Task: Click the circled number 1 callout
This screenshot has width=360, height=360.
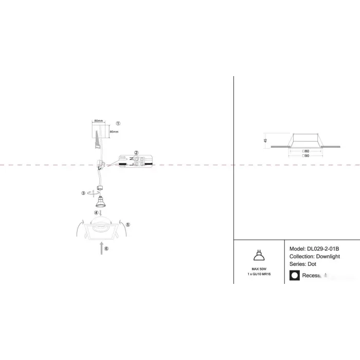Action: click(118, 123)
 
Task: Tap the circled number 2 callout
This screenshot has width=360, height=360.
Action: click(136, 153)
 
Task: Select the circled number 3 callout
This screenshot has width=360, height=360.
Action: click(83, 193)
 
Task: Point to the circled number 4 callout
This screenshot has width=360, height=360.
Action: click(96, 212)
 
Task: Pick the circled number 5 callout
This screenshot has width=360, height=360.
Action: click(128, 225)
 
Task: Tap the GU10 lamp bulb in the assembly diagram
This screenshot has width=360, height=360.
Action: click(101, 199)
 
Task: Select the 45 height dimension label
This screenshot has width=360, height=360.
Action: click(266, 139)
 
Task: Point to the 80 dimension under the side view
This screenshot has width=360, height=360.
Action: click(306, 151)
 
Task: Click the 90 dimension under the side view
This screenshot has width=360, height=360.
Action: click(306, 155)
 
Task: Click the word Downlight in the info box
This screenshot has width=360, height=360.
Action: click(329, 256)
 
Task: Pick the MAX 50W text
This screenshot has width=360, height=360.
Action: click(259, 269)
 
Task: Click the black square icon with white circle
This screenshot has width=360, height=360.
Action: click(295, 276)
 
